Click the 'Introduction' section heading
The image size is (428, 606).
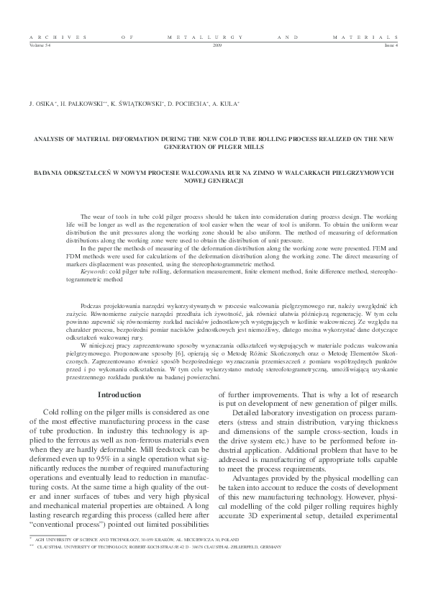click(119, 394)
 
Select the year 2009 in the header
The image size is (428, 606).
click(218, 45)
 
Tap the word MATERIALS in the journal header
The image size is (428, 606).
click(365, 35)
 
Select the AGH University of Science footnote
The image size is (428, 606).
click(137, 558)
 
